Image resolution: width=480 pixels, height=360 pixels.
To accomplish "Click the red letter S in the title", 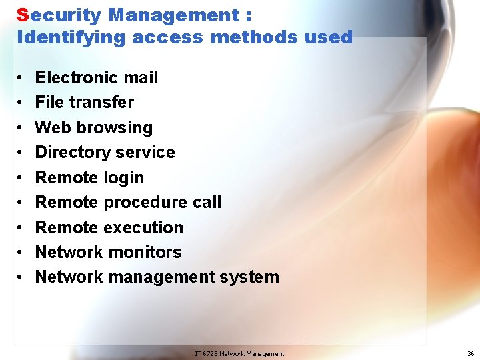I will (x=23, y=15).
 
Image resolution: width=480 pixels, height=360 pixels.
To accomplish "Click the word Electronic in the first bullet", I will (x=79, y=77).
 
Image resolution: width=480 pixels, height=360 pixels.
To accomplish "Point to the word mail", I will (x=142, y=77).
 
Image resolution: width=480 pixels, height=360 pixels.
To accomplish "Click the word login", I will (x=123, y=177).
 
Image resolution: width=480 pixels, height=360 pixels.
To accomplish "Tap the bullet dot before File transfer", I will (x=22, y=103).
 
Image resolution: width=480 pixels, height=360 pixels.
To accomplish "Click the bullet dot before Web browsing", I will (x=22, y=127).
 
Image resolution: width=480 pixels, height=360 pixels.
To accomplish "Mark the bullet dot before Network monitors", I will (x=22, y=253).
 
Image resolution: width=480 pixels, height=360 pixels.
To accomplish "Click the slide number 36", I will (x=471, y=354).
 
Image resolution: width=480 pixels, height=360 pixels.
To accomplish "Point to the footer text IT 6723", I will (x=206, y=354).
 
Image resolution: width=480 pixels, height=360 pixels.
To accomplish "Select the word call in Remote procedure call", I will (x=206, y=202).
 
